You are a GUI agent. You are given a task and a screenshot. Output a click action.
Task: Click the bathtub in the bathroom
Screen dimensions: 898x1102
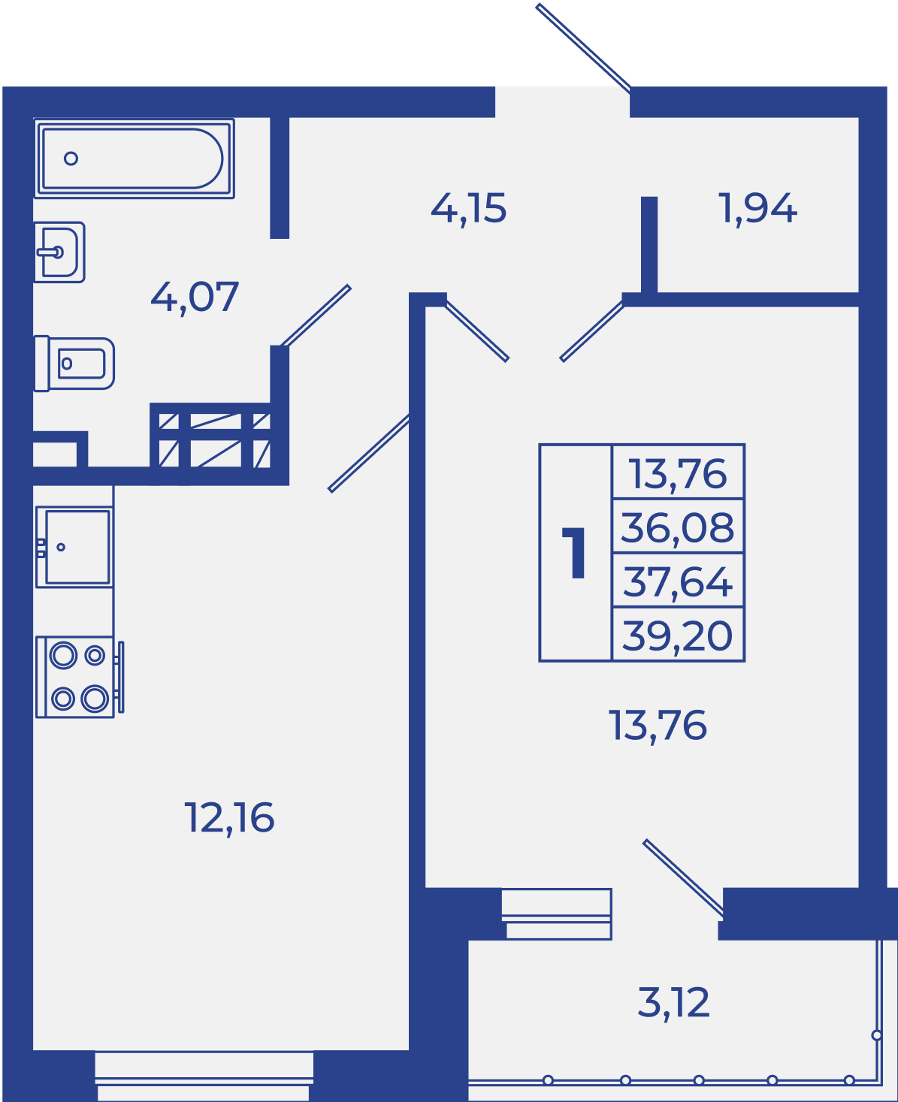[x=134, y=159]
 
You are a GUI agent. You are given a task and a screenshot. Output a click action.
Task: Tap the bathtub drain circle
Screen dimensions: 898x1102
[x=71, y=159]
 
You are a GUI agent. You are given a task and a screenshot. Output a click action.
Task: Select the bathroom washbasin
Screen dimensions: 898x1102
[x=59, y=252]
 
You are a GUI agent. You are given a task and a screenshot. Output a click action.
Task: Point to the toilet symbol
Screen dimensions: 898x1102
[x=74, y=363]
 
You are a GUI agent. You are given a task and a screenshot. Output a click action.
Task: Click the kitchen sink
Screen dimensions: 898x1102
[x=74, y=547]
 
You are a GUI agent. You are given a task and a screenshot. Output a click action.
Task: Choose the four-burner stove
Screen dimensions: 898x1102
[x=80, y=678]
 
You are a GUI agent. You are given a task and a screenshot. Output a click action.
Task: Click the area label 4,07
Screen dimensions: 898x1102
[x=195, y=297]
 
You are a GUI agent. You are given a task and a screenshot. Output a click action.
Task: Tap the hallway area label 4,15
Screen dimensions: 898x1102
[x=468, y=209]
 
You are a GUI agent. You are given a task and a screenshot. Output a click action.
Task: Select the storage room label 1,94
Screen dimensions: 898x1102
[x=757, y=209]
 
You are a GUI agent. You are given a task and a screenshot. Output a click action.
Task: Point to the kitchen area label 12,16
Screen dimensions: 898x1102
[x=229, y=819]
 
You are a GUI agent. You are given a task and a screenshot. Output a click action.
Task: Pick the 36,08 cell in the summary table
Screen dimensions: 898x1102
[x=678, y=527]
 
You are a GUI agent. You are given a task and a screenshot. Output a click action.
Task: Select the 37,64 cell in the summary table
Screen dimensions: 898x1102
[x=678, y=581]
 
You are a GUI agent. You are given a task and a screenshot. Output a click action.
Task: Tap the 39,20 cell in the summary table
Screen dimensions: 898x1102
[x=678, y=634]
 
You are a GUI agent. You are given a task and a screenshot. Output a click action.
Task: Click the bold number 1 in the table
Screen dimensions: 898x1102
[x=574, y=553]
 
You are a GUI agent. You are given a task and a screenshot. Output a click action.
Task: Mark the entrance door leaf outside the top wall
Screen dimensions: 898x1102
[x=583, y=47]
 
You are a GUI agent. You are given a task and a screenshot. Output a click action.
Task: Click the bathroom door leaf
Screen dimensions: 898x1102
[x=316, y=316]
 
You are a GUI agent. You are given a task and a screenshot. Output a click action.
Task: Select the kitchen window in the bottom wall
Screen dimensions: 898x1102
[x=204, y=1076]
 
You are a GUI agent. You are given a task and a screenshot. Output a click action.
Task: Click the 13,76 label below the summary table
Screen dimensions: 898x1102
[x=658, y=726]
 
